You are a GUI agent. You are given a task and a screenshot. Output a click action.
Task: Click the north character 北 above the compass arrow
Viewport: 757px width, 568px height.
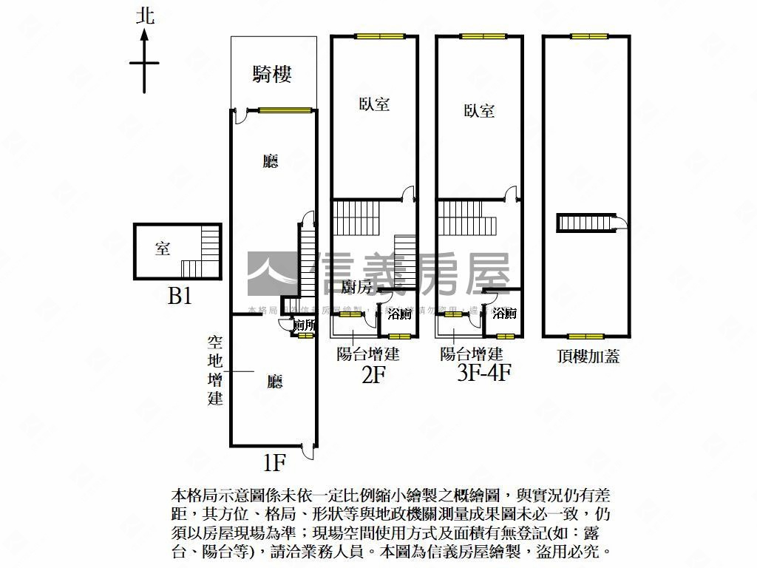coord(145,16)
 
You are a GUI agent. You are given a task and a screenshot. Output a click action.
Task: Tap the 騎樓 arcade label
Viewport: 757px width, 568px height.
coord(272,73)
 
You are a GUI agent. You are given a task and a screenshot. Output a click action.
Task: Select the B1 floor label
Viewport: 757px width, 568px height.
coord(180,297)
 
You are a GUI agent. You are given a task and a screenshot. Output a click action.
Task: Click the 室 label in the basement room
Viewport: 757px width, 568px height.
coord(163,248)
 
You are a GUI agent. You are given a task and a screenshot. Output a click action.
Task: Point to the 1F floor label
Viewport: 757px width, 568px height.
coord(274,463)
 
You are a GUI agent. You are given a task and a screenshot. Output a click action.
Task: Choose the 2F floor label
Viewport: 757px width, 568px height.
coord(373,375)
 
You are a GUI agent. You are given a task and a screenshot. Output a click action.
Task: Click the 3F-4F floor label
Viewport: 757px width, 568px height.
coord(484,372)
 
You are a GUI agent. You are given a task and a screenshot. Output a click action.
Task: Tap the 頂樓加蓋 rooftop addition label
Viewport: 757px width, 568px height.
coord(588,356)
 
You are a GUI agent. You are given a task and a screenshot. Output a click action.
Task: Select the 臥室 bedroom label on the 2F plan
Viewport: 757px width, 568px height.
coord(374,104)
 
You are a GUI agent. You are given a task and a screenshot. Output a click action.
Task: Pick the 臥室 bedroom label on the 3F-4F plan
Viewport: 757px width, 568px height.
coord(479,111)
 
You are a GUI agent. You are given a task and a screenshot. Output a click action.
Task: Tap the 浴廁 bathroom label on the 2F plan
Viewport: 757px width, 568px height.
coord(400,314)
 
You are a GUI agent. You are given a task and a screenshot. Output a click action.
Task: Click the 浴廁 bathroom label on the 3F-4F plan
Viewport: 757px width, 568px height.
coord(505,314)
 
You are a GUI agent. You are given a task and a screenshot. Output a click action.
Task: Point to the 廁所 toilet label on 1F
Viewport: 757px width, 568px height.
coord(304,324)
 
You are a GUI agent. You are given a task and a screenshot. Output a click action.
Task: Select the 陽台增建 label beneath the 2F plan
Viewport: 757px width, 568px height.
coord(367,354)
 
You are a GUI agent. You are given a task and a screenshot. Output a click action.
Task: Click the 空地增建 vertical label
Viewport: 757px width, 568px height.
coord(214,370)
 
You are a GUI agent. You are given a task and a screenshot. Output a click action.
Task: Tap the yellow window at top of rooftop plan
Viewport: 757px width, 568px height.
coord(588,35)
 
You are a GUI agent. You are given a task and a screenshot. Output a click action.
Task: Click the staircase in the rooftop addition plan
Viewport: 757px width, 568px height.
coord(587,223)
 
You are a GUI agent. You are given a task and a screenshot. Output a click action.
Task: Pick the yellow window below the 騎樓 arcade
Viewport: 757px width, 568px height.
coord(284,111)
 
